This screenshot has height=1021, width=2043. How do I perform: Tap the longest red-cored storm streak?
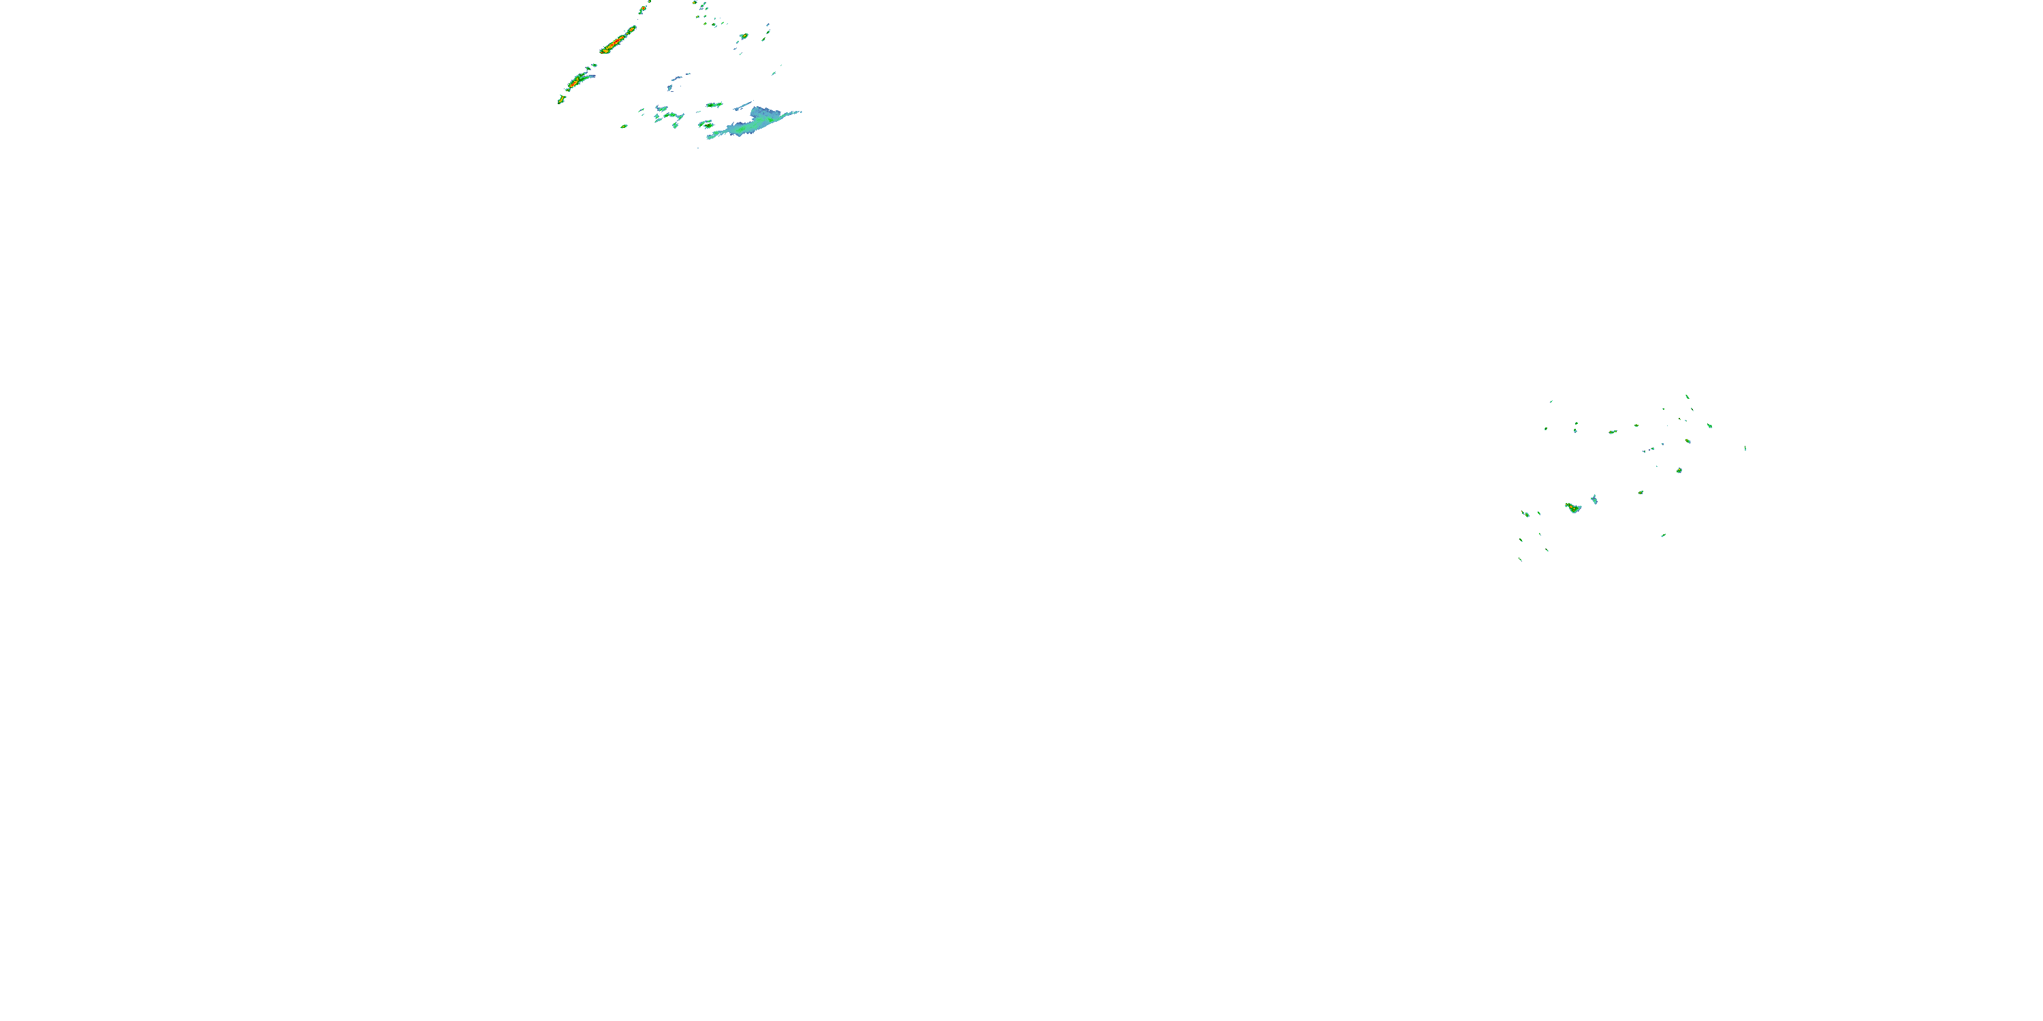[618, 40]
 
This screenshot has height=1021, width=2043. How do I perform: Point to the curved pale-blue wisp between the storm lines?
[676, 79]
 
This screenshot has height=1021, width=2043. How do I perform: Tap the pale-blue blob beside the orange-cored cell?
[1594, 500]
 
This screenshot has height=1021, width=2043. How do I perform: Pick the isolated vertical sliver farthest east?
[1745, 449]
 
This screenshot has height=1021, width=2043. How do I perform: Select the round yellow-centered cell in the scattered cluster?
[1680, 470]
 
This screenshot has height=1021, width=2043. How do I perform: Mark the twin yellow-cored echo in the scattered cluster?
[1613, 432]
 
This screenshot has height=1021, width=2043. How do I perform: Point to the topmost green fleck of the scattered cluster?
[1687, 396]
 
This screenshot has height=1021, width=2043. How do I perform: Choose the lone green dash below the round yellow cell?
[1663, 535]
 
